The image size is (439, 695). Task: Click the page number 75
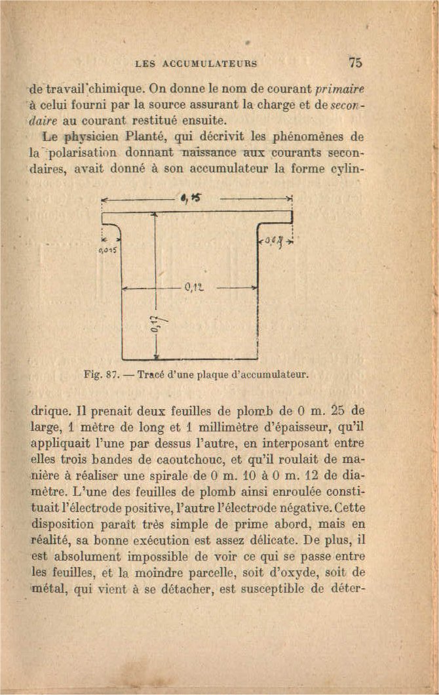tap(356, 63)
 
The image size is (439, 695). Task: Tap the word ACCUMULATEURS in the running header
tap(204, 64)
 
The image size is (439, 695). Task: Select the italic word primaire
tap(339, 89)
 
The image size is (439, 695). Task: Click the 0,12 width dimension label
tap(191, 287)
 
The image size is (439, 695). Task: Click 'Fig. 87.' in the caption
tap(101, 376)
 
